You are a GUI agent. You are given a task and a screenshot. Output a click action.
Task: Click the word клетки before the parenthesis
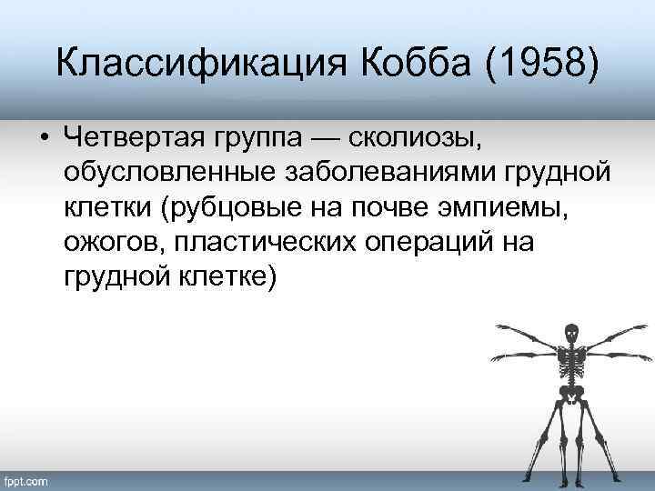click(x=107, y=210)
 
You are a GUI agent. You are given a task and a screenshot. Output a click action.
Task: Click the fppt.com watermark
click(x=27, y=479)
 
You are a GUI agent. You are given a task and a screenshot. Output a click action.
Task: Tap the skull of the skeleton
click(x=571, y=332)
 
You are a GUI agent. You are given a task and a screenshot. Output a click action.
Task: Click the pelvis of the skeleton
click(x=570, y=393)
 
